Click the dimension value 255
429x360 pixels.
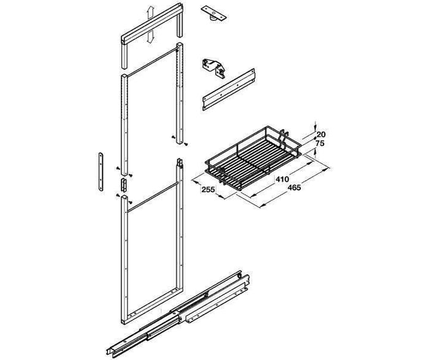point(208,189)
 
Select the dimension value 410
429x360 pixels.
point(282,179)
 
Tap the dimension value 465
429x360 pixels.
point(294,187)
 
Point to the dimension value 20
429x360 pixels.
point(321,135)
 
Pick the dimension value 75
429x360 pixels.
point(320,143)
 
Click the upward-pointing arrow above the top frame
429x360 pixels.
point(150,13)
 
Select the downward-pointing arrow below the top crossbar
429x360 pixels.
point(150,36)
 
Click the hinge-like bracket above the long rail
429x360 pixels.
point(214,68)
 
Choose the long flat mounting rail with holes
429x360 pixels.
point(229,89)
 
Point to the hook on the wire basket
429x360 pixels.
point(284,138)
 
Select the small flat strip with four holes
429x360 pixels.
point(101,171)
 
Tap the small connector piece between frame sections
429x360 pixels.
point(123,184)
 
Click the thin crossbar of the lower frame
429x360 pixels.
point(153,197)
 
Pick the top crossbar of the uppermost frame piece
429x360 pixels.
point(152,23)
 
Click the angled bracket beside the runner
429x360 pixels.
point(218,304)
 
